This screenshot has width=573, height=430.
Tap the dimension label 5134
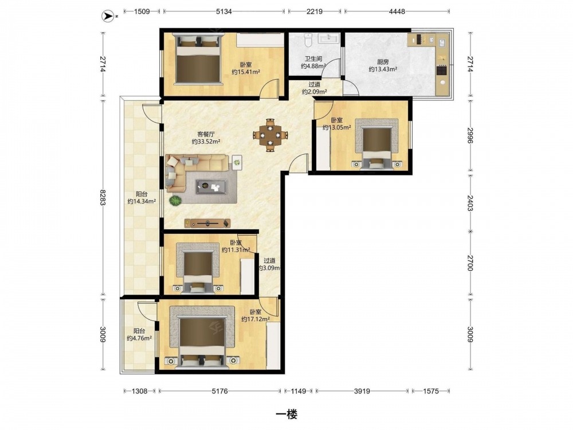(x=223, y=11)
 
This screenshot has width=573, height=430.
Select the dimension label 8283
(x=103, y=197)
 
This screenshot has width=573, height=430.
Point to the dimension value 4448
(x=397, y=11)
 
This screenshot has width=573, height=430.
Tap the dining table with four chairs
(x=270, y=135)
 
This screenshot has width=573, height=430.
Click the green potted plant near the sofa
(x=175, y=201)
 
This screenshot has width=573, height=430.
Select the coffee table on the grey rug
(x=211, y=187)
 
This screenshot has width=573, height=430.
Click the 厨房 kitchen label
(x=383, y=62)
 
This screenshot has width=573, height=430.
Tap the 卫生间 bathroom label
(x=313, y=59)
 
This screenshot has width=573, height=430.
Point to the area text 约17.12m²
(x=256, y=319)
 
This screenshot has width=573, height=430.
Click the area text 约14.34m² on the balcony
(x=142, y=201)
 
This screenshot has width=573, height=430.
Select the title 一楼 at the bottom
(x=286, y=414)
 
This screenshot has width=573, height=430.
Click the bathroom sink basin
(x=329, y=38)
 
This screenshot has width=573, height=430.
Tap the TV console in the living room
(x=207, y=223)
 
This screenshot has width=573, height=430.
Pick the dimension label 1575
(x=431, y=391)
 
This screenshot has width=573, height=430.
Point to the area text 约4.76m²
(x=139, y=338)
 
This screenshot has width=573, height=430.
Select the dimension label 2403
(x=470, y=203)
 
